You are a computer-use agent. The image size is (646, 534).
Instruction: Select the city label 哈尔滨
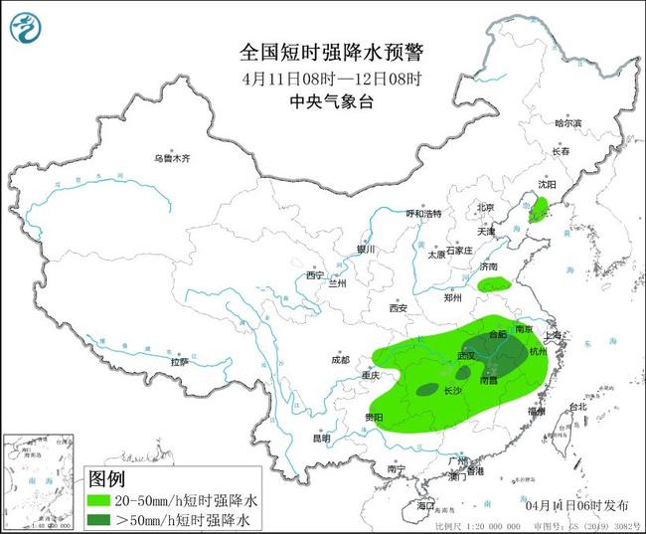tap(568, 123)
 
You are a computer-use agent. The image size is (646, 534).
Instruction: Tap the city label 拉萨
tap(179, 363)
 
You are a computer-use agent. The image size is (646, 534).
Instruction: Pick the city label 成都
tap(339, 361)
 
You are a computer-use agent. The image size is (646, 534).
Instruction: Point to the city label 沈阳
tap(549, 184)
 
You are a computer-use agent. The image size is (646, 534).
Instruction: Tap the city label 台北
tap(575, 407)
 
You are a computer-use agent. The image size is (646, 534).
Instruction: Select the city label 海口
tap(426, 506)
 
